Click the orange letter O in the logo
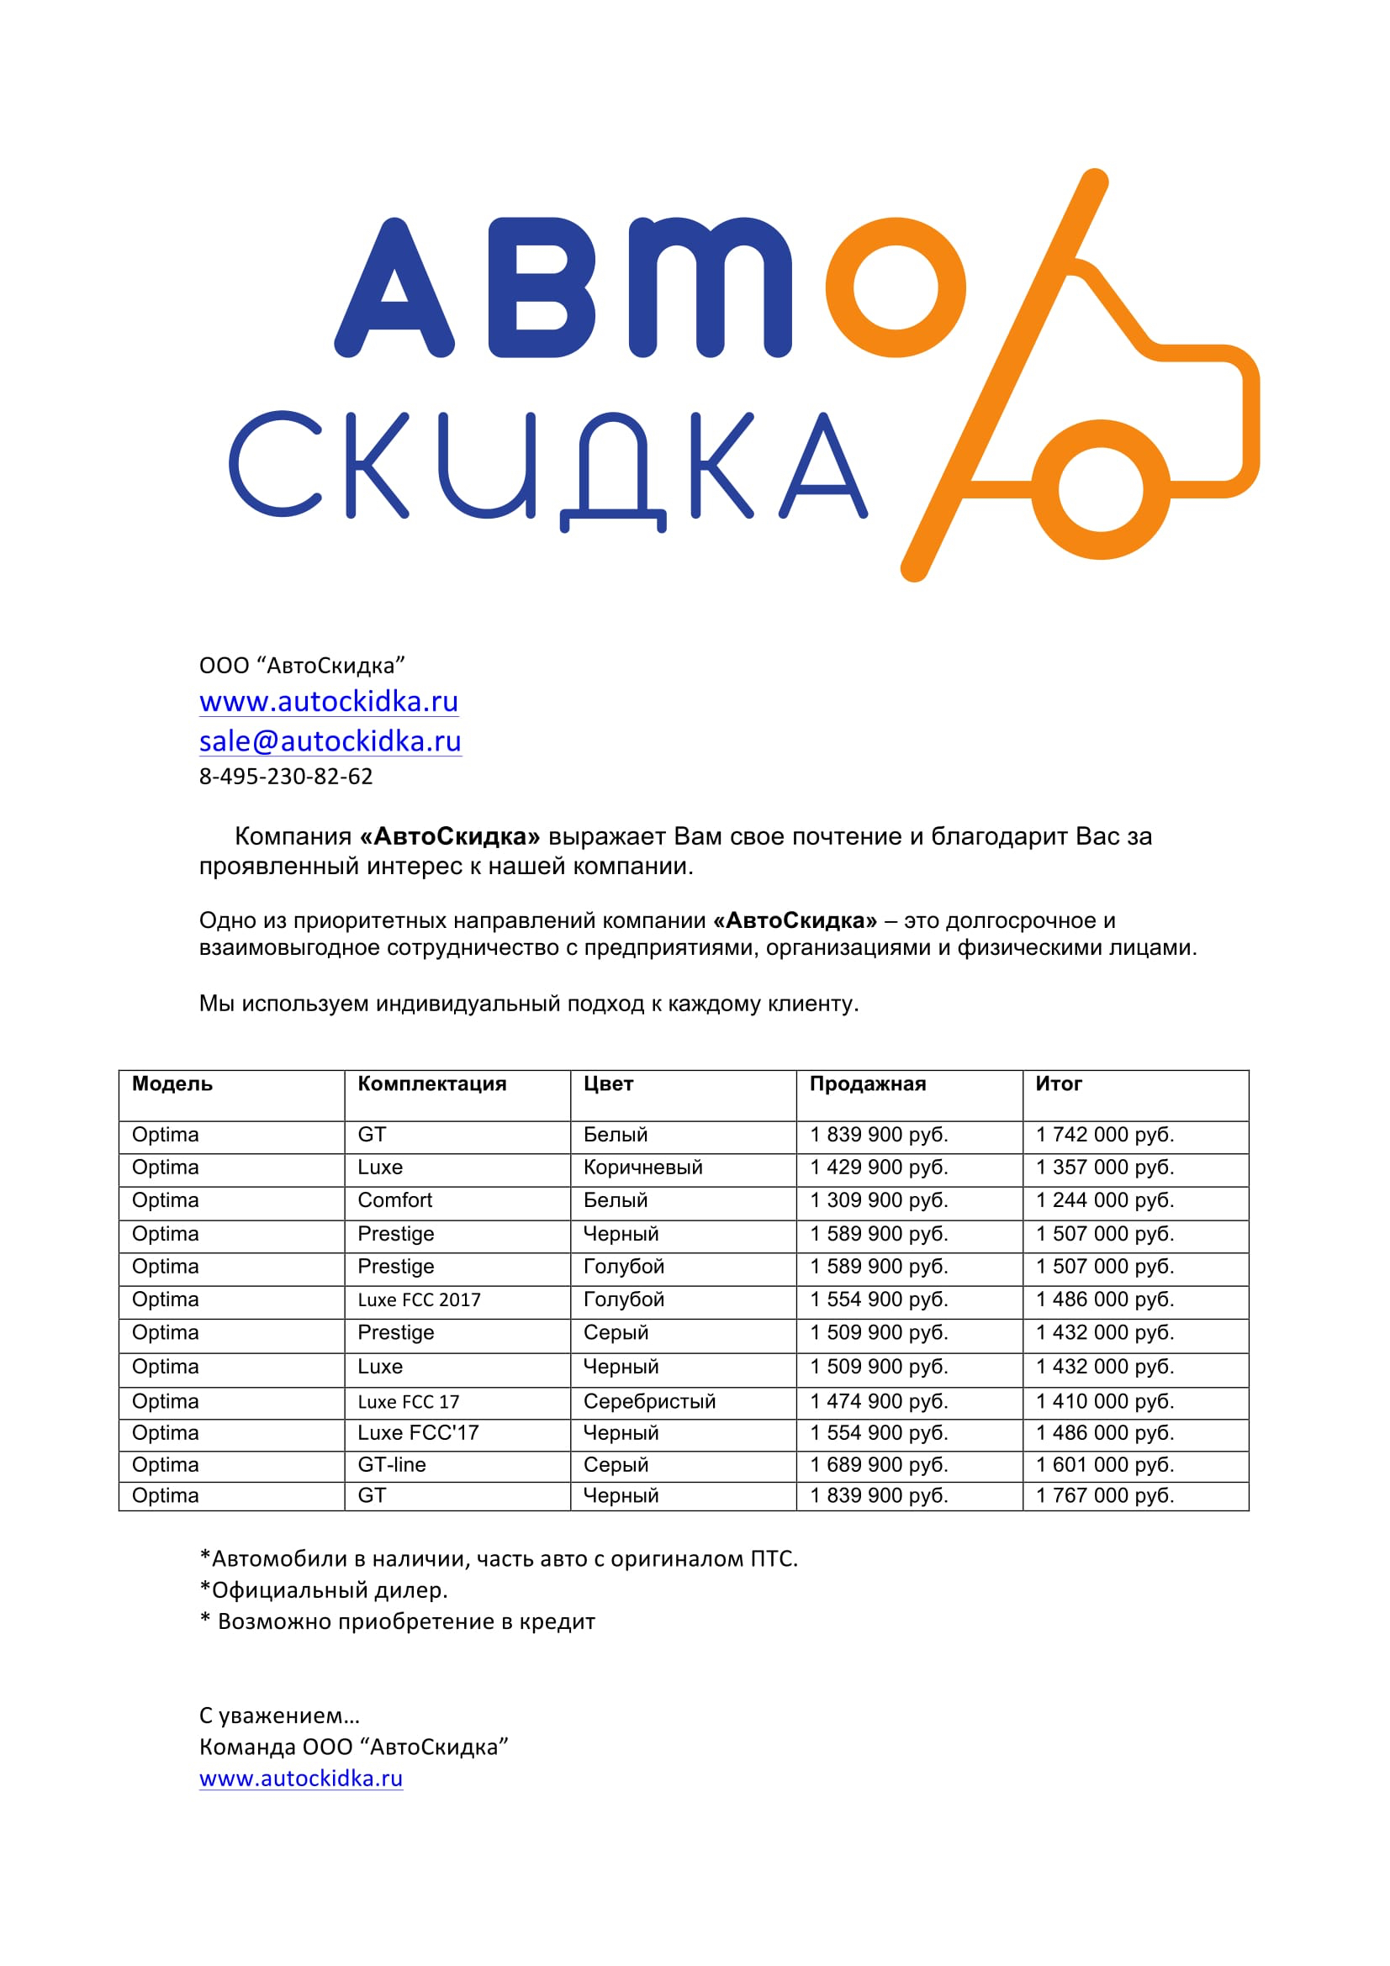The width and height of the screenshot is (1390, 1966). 895,287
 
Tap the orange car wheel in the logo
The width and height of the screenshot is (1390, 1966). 1100,490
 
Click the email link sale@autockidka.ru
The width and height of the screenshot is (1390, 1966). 330,741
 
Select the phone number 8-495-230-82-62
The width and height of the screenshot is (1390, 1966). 286,777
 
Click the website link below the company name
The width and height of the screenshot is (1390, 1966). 329,701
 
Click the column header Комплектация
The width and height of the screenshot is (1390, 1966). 431,1084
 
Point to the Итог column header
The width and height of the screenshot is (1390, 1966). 1059,1084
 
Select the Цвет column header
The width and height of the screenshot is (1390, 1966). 608,1084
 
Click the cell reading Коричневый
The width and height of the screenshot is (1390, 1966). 642,1167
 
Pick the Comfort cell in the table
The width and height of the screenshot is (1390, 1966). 395,1200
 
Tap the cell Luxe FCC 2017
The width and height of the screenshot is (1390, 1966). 419,1299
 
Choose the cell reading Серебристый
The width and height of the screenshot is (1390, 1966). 649,1402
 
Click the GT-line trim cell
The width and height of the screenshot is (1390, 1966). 391,1465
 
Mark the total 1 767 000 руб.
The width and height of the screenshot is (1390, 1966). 1105,1496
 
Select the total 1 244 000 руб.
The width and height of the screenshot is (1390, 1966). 1105,1200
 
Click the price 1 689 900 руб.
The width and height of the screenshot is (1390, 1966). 879,1465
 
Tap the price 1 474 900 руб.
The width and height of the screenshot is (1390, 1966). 879,1402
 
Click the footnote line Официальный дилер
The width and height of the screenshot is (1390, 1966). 324,1590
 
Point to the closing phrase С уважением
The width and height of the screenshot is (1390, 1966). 279,1716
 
